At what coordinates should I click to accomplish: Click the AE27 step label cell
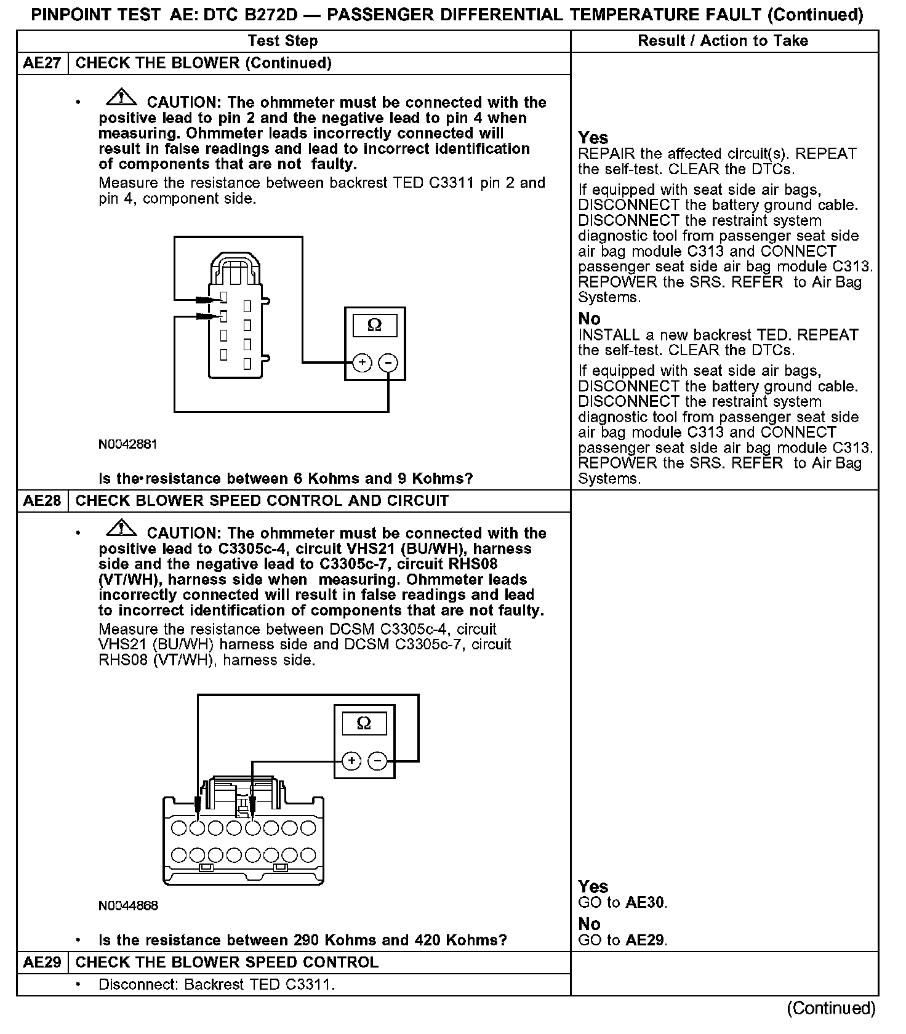(42, 63)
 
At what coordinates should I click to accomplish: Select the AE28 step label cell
(42, 501)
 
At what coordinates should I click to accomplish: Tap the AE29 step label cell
(42, 963)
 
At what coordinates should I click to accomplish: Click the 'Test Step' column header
(283, 41)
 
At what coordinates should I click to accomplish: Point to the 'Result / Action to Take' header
(723, 41)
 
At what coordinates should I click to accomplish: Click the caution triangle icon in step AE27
(122, 97)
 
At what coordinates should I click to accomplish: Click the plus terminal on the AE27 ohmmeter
(362, 363)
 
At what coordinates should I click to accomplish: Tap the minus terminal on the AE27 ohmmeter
(388, 363)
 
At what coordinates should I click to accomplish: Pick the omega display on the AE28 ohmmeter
(364, 723)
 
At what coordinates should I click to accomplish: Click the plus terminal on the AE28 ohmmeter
(351, 761)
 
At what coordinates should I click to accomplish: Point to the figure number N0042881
(127, 444)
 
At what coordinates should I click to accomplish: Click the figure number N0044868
(128, 906)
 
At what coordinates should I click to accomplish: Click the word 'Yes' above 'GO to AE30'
(593, 887)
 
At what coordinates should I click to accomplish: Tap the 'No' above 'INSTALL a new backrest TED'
(589, 319)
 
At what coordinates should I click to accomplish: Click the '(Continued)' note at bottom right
(831, 1008)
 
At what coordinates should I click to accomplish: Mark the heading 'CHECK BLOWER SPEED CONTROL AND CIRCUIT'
(262, 501)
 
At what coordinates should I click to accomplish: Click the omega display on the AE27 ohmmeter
(374, 325)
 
